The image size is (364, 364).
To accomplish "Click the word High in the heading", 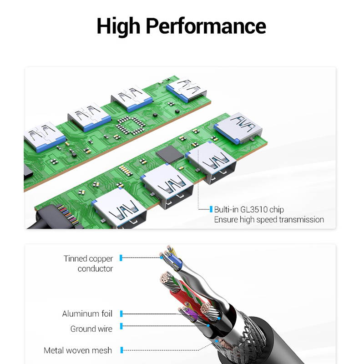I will click(x=120, y=26).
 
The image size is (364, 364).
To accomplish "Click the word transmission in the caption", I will click(x=297, y=220).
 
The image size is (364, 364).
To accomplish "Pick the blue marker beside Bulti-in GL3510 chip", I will click(x=211, y=210).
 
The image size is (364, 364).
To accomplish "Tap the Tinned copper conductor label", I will click(x=89, y=263).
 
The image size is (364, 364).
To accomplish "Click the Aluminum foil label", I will click(x=87, y=313).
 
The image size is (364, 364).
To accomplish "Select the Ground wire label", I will click(x=91, y=329).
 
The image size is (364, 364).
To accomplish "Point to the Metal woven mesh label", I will click(x=77, y=350).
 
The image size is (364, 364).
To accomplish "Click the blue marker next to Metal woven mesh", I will click(x=122, y=350).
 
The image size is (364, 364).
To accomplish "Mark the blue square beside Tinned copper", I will click(x=121, y=258).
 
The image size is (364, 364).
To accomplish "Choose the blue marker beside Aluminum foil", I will click(x=122, y=313).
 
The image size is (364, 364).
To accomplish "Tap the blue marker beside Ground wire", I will click(x=122, y=326).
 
